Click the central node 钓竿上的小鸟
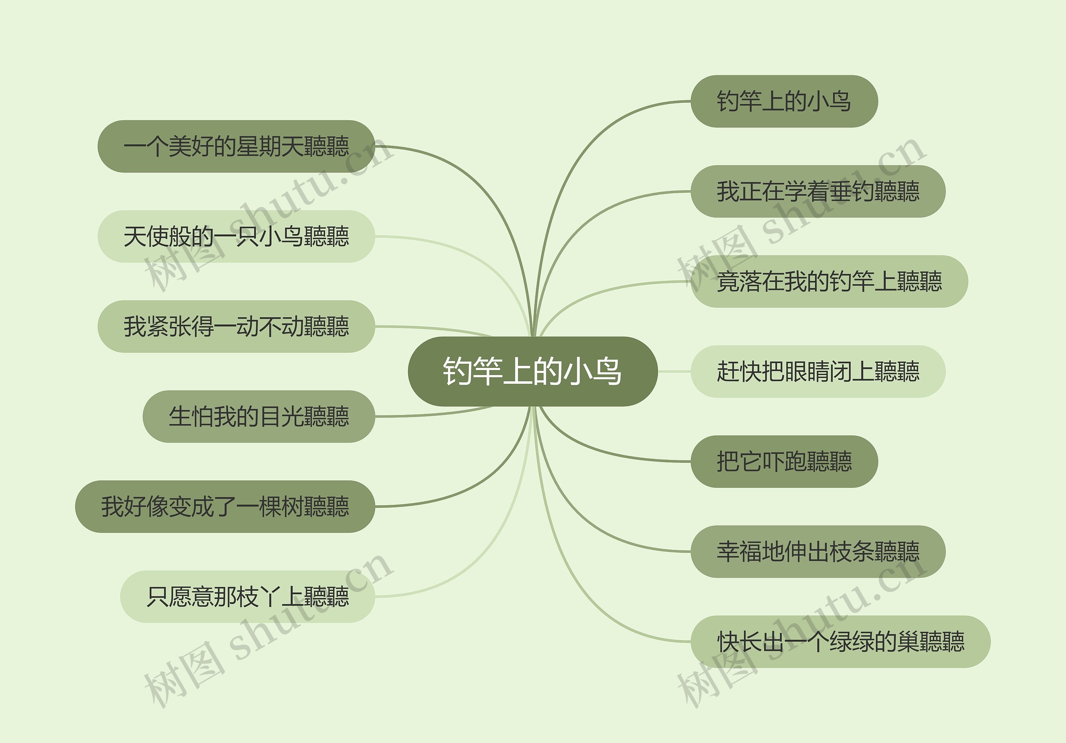point(533,371)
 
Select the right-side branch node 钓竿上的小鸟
point(784,101)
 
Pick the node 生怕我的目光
point(258,416)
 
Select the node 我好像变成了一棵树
point(225,506)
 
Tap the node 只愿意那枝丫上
point(247,596)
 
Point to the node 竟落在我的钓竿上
point(829,281)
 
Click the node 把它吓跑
point(784,461)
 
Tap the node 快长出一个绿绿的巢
point(840,641)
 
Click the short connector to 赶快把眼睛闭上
point(674,371)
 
